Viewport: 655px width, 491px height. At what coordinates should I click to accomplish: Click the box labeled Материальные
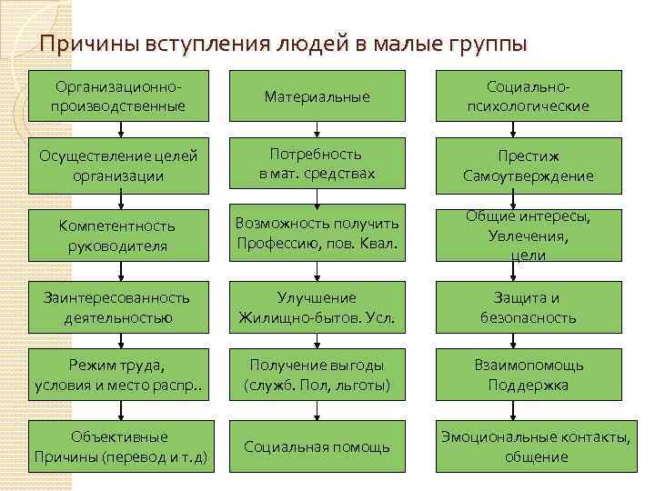[x=317, y=95]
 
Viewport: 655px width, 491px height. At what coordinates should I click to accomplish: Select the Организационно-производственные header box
[x=119, y=95]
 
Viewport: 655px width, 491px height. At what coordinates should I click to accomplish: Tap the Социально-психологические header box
[x=528, y=95]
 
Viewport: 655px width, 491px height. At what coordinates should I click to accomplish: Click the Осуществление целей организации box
[x=119, y=165]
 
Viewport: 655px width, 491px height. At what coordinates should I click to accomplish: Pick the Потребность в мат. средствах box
[x=317, y=165]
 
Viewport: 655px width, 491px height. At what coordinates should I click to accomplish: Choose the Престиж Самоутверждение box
[x=528, y=165]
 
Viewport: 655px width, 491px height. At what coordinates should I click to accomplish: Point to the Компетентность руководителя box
[x=119, y=235]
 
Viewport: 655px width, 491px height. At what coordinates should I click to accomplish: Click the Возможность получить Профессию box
[x=317, y=235]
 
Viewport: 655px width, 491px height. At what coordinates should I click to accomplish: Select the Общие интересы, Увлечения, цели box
[x=528, y=235]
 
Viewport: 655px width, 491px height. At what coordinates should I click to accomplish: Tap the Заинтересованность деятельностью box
[x=119, y=307]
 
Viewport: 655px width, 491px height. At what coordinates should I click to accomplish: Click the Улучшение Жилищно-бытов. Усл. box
[x=317, y=307]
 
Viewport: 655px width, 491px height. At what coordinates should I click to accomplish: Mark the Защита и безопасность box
[x=528, y=307]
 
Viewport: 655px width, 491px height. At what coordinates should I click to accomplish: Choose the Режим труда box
[x=119, y=376]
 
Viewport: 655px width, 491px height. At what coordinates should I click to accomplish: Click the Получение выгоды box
[x=317, y=376]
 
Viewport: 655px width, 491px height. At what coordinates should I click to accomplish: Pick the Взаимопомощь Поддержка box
[x=528, y=376]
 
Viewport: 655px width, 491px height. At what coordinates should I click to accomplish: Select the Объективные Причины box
[x=119, y=446]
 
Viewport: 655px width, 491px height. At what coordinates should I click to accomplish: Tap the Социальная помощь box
[x=317, y=446]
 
